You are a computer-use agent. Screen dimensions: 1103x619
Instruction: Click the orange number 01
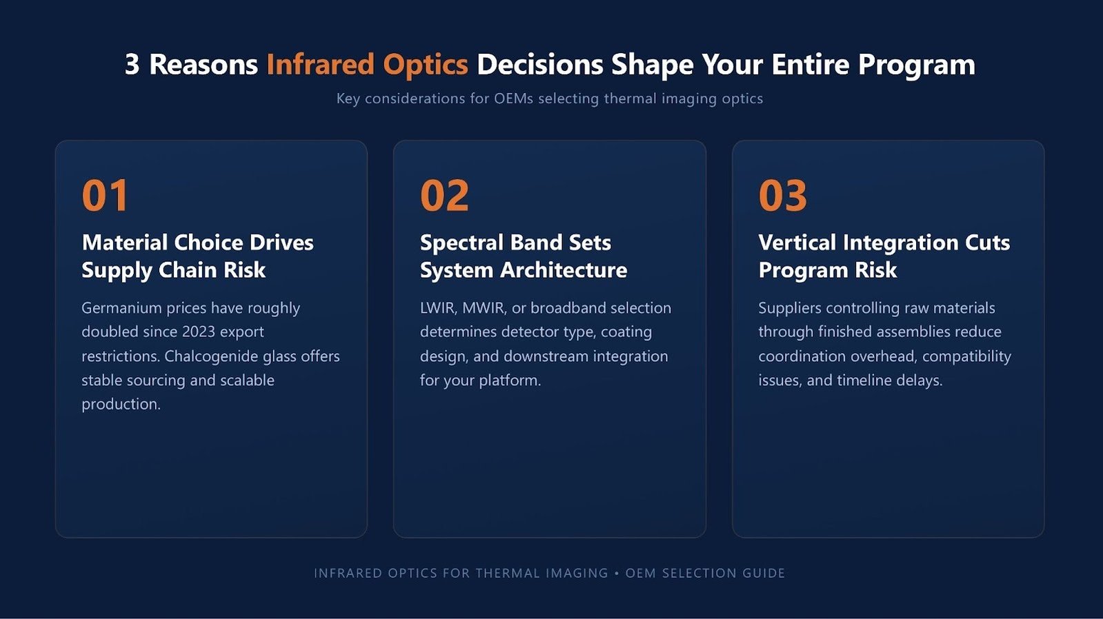click(105, 195)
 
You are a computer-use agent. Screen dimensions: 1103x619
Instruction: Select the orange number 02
click(444, 195)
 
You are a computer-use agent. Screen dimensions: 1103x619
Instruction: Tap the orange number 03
click(782, 195)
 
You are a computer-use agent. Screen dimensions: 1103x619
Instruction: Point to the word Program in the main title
click(916, 65)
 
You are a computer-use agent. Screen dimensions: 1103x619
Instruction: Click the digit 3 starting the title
click(132, 65)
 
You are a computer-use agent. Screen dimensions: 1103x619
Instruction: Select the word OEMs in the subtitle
click(514, 99)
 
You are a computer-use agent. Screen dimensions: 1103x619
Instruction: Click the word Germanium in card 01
click(121, 307)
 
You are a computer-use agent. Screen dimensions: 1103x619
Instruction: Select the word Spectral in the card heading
click(461, 243)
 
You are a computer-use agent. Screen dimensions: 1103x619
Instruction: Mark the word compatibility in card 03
click(966, 356)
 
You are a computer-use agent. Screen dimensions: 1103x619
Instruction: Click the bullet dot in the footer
click(617, 574)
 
